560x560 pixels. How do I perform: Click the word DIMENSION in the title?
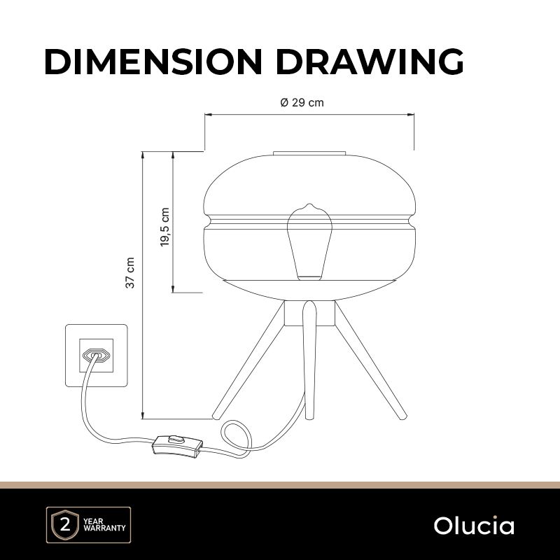coord(153,62)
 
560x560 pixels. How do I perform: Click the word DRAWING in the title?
coord(370,62)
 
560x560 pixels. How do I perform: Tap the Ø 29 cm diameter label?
coord(302,103)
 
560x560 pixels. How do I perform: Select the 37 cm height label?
coord(130,272)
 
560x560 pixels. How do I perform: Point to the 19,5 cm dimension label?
coord(164,227)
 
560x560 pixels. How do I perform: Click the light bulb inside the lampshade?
coord(310,241)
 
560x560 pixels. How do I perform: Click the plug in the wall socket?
coord(95,356)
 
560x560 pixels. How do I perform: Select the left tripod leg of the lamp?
coord(249,360)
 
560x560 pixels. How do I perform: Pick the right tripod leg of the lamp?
coord(371,360)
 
